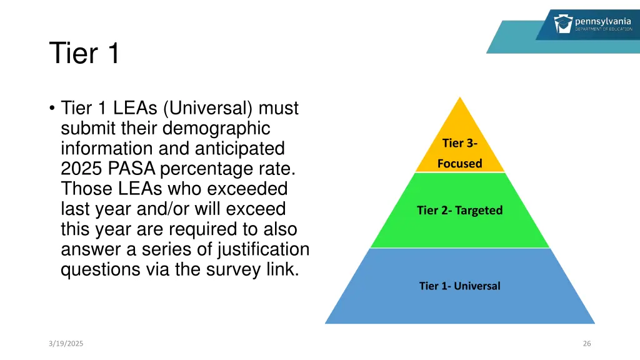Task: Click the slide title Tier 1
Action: pyautogui.click(x=84, y=53)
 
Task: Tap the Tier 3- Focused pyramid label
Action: pyautogui.click(x=459, y=153)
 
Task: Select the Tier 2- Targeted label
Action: pyautogui.click(x=459, y=210)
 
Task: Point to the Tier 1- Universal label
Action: pyautogui.click(x=459, y=286)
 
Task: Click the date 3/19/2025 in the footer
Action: pyautogui.click(x=66, y=343)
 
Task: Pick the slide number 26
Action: pyautogui.click(x=586, y=343)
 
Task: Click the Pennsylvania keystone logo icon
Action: pyautogui.click(x=562, y=24)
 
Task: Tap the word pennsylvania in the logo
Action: pyautogui.click(x=602, y=21)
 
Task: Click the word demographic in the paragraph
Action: pyautogui.click(x=216, y=128)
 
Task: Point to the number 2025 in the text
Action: pyautogui.click(x=82, y=169)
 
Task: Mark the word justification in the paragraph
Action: pyautogui.click(x=263, y=249)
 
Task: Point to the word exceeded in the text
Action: pyautogui.click(x=247, y=189)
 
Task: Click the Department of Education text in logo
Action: pyautogui.click(x=604, y=29)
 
